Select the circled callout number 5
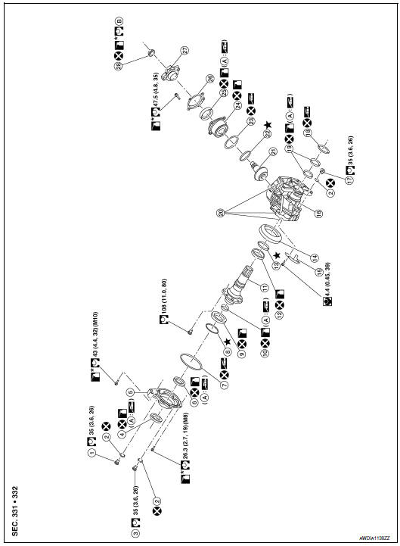click(x=131, y=392)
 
